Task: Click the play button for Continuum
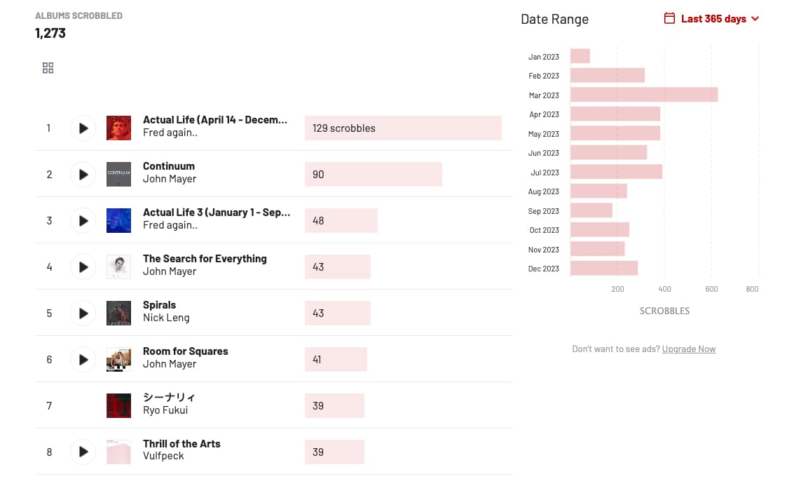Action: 83,175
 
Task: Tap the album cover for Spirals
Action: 118,313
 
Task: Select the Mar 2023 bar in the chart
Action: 643,95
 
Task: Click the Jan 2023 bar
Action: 580,56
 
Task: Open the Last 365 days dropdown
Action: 711,19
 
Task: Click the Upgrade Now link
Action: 688,349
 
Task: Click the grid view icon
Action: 48,68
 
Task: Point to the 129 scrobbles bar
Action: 402,128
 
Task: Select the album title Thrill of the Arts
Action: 182,444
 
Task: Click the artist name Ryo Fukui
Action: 165,410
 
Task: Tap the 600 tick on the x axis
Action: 711,289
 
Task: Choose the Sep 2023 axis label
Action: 544,211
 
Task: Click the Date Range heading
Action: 554,20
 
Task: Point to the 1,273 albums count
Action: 50,33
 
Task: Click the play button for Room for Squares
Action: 83,360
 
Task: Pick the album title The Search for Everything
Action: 205,259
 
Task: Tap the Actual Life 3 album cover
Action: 118,221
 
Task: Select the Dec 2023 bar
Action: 603,268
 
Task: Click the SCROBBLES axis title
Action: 664,311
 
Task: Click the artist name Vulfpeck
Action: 163,457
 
